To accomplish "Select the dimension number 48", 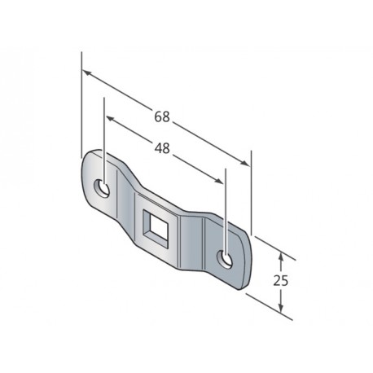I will pyautogui.click(x=163, y=150).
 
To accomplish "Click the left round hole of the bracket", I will pyautogui.click(x=103, y=188).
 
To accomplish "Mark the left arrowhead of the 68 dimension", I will pyautogui.click(x=87, y=75).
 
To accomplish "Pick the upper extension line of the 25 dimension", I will pyautogui.click(x=273, y=247).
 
